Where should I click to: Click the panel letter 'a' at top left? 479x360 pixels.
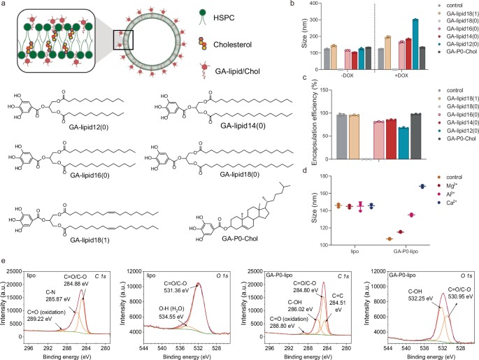click(x=5, y=6)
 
